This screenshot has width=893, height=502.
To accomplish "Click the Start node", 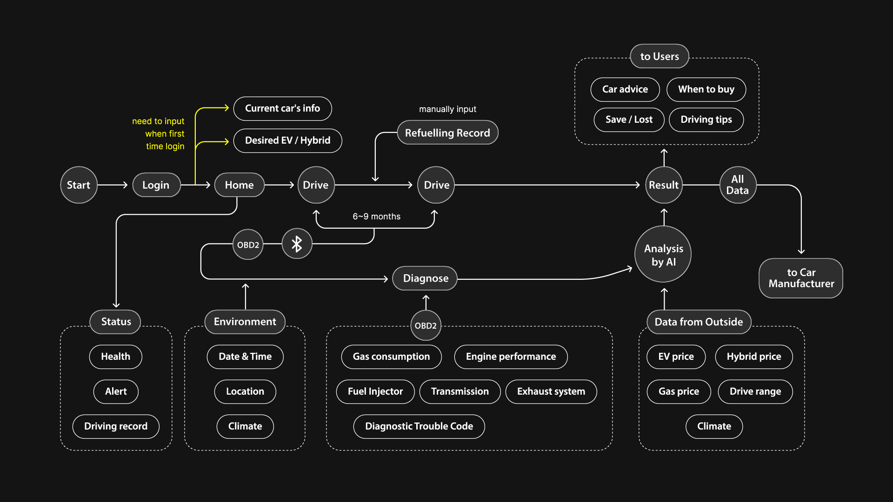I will pos(79,185).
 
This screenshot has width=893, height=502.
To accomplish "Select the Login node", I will pos(156,185).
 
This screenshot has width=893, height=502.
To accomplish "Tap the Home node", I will pos(239,185).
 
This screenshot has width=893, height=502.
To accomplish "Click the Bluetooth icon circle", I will pos(297,244).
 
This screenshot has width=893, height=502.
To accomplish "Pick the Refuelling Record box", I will pos(447,133).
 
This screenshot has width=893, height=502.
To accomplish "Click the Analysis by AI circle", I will pos(663,255).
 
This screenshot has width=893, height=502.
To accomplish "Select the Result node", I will pos(664,185).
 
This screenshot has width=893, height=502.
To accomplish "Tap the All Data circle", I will pos(738,185).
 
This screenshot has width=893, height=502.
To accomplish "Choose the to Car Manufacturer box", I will pos(801,278).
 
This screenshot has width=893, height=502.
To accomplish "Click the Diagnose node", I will pos(425,278).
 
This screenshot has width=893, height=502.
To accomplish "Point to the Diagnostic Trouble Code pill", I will pos(419,426).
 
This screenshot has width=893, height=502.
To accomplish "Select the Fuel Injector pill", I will pos(375,391).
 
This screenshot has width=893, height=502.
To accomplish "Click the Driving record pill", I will pos(116,426).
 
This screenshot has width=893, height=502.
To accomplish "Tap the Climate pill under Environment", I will pos(245,426).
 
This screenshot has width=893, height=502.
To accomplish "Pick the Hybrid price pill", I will pos(754,357).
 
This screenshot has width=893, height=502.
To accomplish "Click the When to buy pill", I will pos(706,89).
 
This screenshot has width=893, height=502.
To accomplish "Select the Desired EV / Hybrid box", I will pos(287,140).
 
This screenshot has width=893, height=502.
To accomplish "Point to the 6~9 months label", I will pos(376,217).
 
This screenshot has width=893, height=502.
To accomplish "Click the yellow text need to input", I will pos(158,121).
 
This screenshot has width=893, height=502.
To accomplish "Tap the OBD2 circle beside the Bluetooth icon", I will pos(248,245).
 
